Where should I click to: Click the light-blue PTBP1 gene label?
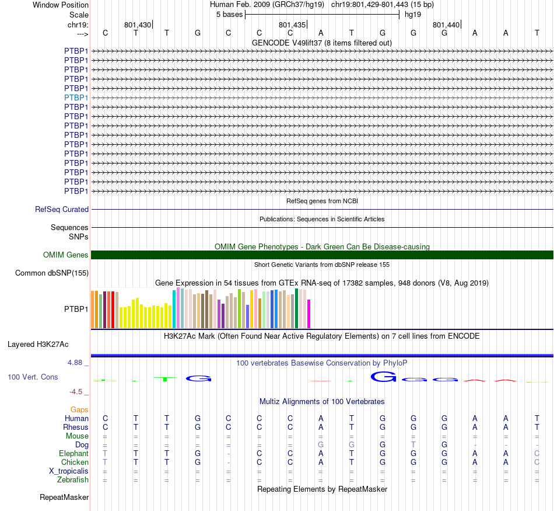click(x=76, y=98)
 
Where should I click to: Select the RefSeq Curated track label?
click(x=62, y=209)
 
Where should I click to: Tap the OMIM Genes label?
click(x=66, y=255)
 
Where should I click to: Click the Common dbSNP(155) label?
click(x=52, y=273)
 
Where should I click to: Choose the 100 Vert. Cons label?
click(x=33, y=377)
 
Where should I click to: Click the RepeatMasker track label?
click(x=64, y=498)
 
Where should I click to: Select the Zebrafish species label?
click(x=73, y=480)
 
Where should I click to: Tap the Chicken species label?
click(x=74, y=463)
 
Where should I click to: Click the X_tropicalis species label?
click(x=69, y=471)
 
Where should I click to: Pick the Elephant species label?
click(x=73, y=454)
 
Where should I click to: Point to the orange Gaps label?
click(x=79, y=410)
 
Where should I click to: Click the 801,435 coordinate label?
click(x=292, y=25)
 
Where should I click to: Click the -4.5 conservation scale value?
click(x=78, y=392)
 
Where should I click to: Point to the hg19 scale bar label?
click(x=413, y=14)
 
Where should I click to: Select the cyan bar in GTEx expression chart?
click(x=174, y=309)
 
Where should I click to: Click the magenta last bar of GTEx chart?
click(x=309, y=314)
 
